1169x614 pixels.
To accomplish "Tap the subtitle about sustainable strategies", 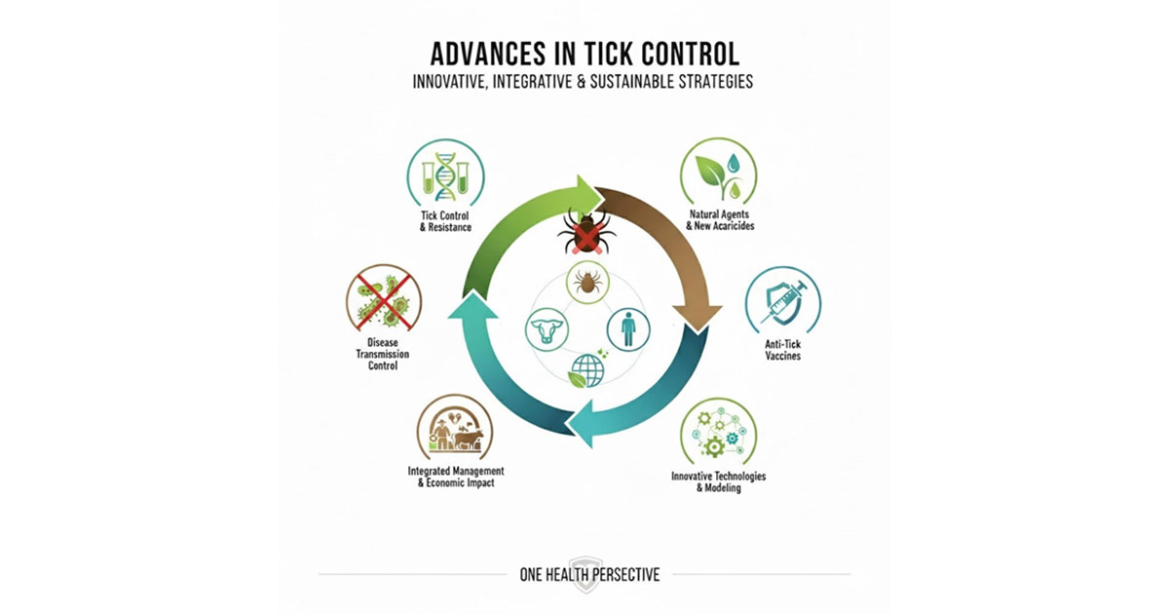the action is point(584,82).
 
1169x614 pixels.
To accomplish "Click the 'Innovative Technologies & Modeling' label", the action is point(719,481).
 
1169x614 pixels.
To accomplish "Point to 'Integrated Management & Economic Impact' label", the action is point(455,477).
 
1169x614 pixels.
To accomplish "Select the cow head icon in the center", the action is point(545,330).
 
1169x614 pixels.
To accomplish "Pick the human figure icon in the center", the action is point(628,329).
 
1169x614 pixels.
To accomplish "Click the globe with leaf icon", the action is point(586,371).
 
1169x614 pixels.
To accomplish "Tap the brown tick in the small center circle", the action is point(586,284).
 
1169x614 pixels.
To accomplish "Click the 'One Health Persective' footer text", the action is point(589,574).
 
